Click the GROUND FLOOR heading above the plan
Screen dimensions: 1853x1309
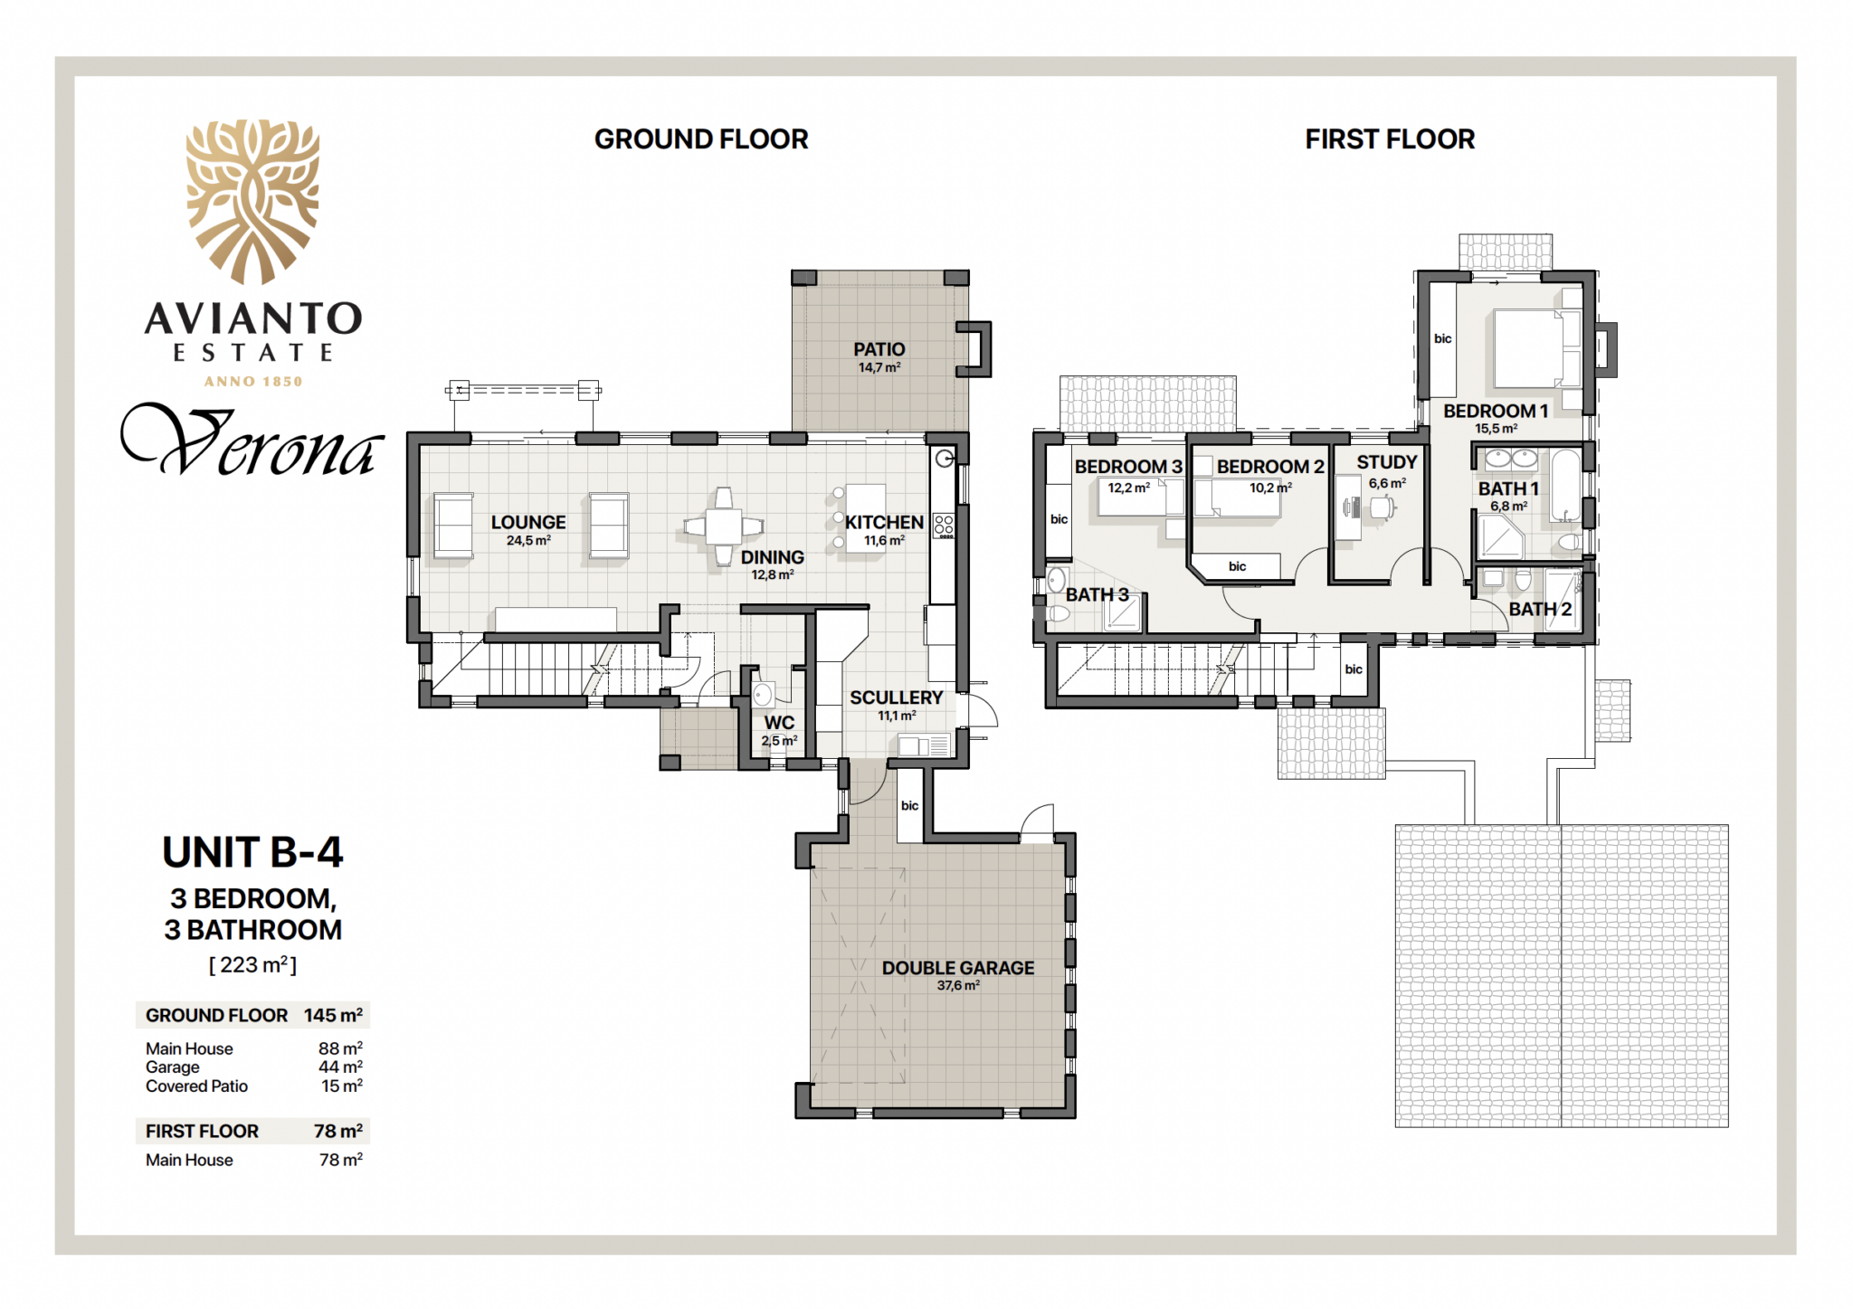coord(701,139)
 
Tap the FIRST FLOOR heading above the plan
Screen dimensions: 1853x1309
coord(1390,139)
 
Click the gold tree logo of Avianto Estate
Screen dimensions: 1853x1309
coord(253,202)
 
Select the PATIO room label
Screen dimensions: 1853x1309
coord(879,349)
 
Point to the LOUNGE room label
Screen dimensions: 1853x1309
coord(528,522)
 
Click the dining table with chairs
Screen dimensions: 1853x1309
coord(723,526)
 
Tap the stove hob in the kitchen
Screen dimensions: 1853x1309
coord(944,526)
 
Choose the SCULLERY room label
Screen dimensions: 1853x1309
coord(896,697)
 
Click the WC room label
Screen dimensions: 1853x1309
coord(779,723)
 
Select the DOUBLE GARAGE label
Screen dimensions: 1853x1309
coord(958,968)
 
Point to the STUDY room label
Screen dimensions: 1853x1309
coord(1387,461)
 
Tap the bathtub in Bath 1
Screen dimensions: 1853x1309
coord(1566,486)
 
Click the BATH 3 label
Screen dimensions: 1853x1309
coord(1098,594)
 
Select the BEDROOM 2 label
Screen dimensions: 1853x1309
coord(1270,467)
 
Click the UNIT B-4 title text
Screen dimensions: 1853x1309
coord(252,852)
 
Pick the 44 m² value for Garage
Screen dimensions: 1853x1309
coord(340,1067)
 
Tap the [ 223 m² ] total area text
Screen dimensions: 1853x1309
coord(252,964)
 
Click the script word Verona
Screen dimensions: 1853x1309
coord(252,441)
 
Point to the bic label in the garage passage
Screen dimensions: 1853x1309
coord(909,805)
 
